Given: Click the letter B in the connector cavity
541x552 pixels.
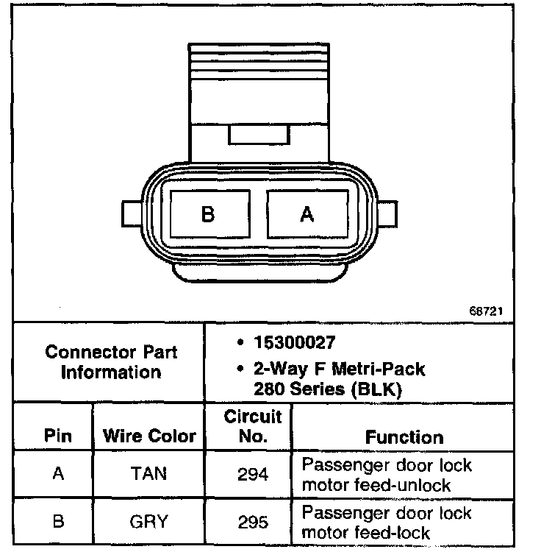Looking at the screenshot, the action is [208, 214].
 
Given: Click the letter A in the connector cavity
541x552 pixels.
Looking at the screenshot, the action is [307, 214].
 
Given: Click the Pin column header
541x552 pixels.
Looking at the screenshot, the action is [57, 436].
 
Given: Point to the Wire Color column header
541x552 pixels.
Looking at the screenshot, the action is [150, 436].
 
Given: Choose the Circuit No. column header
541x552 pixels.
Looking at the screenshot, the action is [252, 427].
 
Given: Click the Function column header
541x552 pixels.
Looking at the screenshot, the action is [404, 437].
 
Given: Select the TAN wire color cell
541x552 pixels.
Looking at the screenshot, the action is [150, 475].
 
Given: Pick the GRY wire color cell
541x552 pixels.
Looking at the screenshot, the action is [150, 522].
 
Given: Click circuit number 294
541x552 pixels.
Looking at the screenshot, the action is [252, 475].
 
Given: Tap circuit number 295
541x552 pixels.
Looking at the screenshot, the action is [252, 522].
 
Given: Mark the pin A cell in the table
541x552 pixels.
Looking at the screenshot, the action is [58, 475].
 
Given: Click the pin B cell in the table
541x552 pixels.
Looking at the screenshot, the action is [58, 522].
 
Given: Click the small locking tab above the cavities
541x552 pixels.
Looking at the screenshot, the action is [259, 135].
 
